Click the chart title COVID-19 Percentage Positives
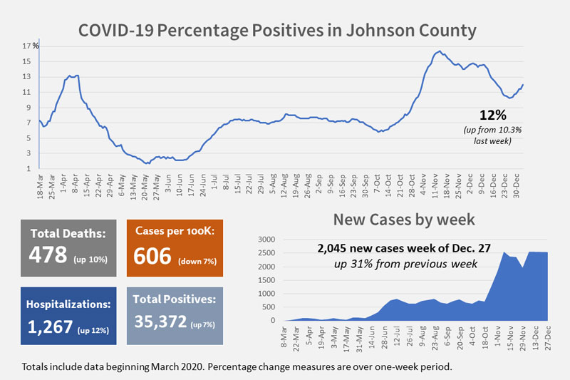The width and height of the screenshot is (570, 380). (276, 31)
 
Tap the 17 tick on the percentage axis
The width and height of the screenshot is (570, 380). (26, 46)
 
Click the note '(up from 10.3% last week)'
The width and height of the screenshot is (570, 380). (497, 135)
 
